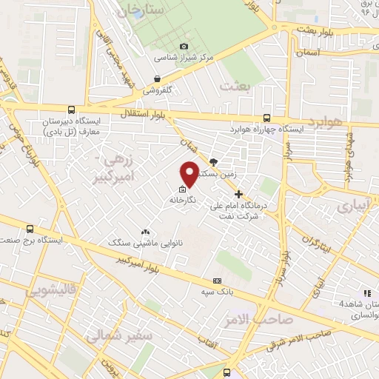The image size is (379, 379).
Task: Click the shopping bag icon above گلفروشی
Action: [157, 78]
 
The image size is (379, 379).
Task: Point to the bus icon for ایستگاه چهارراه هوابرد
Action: [266, 117]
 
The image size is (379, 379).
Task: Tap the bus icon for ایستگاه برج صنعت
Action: [30, 229]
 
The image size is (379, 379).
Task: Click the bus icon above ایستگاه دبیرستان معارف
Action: [71, 108]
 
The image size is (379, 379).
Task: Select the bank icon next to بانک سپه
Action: [217, 281]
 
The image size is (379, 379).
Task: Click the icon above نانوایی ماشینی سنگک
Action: [144, 232]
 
